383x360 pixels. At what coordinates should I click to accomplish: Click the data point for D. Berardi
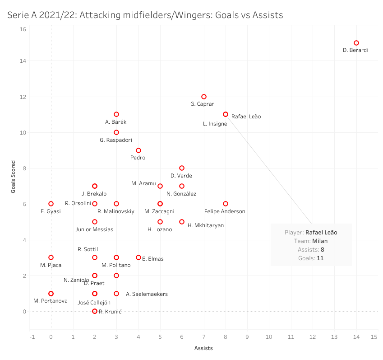pyautogui.click(x=356, y=43)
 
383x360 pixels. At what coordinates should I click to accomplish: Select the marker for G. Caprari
pyautogui.click(x=204, y=97)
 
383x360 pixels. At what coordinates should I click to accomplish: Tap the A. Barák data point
pyautogui.click(x=116, y=114)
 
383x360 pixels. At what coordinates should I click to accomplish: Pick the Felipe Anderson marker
pyautogui.click(x=226, y=204)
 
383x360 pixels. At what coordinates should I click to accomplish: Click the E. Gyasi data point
pyautogui.click(x=51, y=204)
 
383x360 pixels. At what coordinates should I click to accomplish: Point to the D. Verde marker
pyautogui.click(x=182, y=168)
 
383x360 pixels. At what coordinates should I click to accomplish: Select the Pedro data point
pyautogui.click(x=138, y=150)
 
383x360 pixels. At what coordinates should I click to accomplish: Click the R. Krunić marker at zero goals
pyautogui.click(x=95, y=311)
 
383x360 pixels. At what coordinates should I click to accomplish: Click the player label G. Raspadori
pyautogui.click(x=116, y=140)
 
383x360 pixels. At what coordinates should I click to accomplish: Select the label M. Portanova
pyautogui.click(x=50, y=301)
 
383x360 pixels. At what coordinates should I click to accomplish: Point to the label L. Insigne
pyautogui.click(x=215, y=124)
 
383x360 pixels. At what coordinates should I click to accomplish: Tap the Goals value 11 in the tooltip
pyautogui.click(x=320, y=258)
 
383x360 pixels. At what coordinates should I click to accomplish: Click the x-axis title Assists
pyautogui.click(x=203, y=348)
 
